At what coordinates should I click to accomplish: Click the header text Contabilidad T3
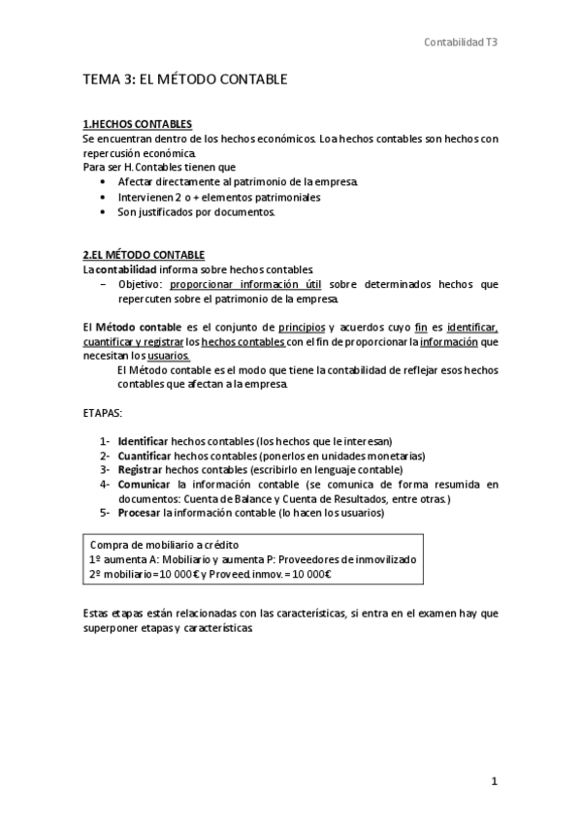coord(462,42)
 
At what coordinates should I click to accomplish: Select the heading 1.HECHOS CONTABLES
coord(138,124)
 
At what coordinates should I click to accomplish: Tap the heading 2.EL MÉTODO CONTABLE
coord(144,255)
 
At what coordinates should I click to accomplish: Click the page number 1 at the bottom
coord(494,780)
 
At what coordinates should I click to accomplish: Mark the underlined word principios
coord(301,327)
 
